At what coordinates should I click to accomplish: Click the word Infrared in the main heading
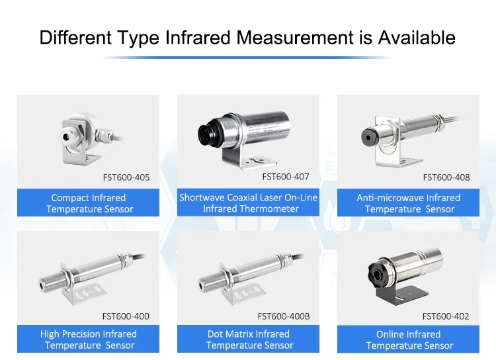coord(198,37)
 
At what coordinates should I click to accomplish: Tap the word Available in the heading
coord(417,37)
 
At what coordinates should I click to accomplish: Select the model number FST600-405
coord(126,177)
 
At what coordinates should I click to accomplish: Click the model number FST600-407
coord(286,177)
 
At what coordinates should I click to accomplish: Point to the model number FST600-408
coord(446,177)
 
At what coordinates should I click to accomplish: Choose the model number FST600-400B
coord(284,316)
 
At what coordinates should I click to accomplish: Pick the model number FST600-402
coord(446,316)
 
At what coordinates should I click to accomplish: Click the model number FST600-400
coord(126,316)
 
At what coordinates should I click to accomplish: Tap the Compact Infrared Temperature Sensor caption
coord(89,203)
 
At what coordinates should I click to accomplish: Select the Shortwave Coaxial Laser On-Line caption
coord(248,198)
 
